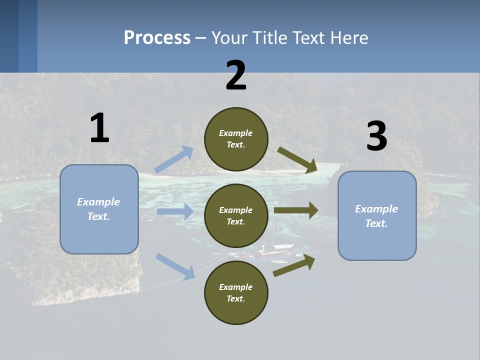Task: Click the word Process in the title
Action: coord(157,38)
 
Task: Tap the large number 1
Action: coord(99,128)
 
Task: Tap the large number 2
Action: coord(236,75)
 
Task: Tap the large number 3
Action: coord(376,136)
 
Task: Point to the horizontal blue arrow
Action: coord(175,211)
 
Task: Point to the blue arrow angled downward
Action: coord(175,266)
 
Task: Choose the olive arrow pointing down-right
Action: coord(298,160)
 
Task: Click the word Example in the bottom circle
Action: coord(236,287)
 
